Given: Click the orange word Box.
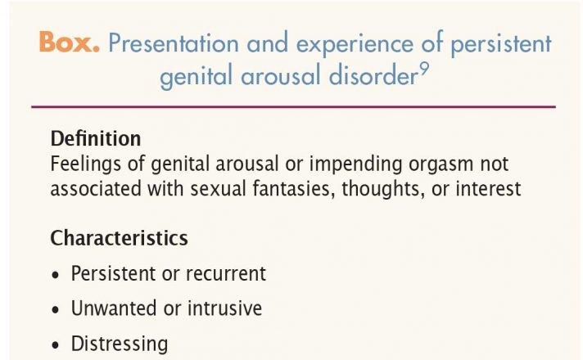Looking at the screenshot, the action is (x=69, y=42).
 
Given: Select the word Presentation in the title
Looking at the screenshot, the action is (x=174, y=43).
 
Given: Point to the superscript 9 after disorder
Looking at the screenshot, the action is (x=424, y=69).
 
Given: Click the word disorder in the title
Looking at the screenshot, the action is (x=373, y=74).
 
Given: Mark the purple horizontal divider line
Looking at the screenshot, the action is (x=293, y=107).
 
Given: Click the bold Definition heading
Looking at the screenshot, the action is (x=96, y=138).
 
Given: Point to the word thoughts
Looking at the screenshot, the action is (x=383, y=189).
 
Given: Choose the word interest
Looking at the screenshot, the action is (x=488, y=188).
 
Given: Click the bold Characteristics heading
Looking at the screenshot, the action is (x=119, y=238).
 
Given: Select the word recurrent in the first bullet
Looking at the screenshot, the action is (x=226, y=274).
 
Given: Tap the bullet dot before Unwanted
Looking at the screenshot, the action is (x=56, y=309).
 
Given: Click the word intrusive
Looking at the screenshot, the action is (x=224, y=308).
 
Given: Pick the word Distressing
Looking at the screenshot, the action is (x=120, y=344).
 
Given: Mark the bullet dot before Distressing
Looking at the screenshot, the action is (x=56, y=344).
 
